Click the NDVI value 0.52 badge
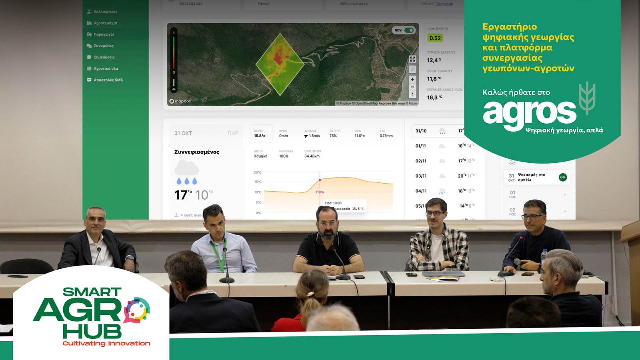435,38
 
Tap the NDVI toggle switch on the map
409,30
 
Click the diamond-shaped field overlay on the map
280,64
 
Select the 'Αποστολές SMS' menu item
108,80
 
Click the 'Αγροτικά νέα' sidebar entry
106,68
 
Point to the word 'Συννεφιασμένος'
197,152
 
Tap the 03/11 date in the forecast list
421,176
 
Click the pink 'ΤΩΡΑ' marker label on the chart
320,192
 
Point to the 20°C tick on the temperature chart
258,172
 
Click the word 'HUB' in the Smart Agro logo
92,332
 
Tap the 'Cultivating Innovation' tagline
106,343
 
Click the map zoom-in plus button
412,79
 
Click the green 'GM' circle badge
563,177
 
